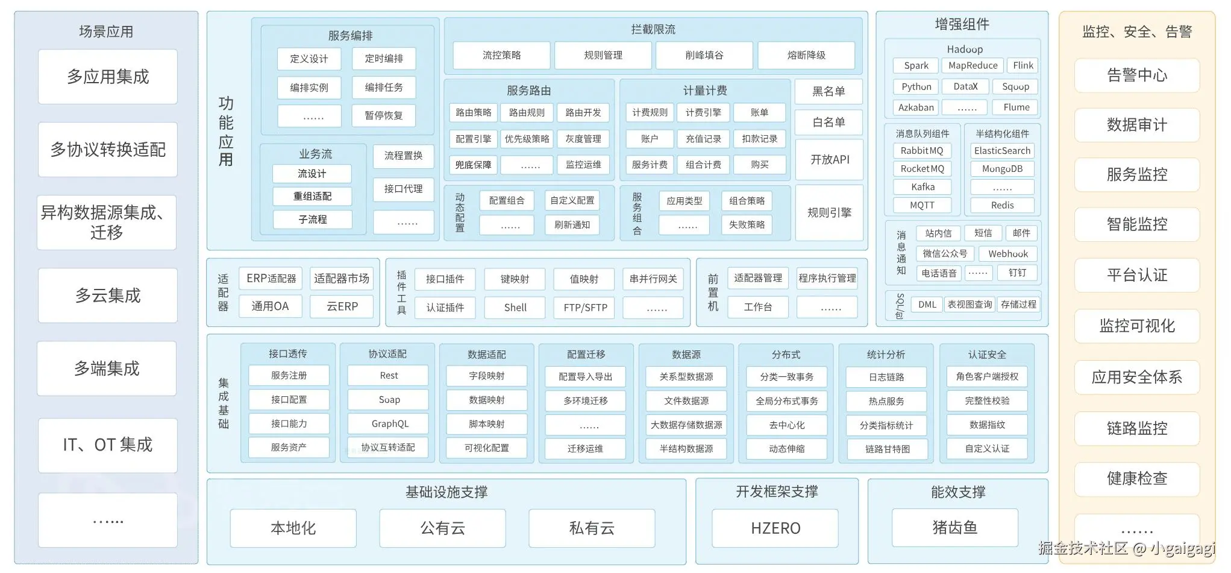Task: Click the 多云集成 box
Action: (107, 296)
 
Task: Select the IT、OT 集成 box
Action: (107, 445)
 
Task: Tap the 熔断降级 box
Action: (806, 55)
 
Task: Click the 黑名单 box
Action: (828, 92)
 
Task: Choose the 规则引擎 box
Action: (829, 212)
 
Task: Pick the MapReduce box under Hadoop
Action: (973, 66)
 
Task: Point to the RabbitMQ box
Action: (921, 151)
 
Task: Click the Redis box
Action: (1002, 205)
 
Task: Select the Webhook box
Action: (1007, 254)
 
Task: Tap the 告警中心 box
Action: (1136, 75)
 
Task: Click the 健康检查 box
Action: (1136, 479)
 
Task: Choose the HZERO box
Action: (775, 528)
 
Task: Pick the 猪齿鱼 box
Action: (954, 528)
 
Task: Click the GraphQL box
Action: (389, 424)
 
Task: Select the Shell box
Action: (515, 308)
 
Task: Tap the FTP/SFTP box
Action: (585, 308)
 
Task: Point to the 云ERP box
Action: (342, 306)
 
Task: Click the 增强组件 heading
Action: (962, 25)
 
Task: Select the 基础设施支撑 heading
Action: (446, 492)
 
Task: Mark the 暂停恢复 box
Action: (383, 116)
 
